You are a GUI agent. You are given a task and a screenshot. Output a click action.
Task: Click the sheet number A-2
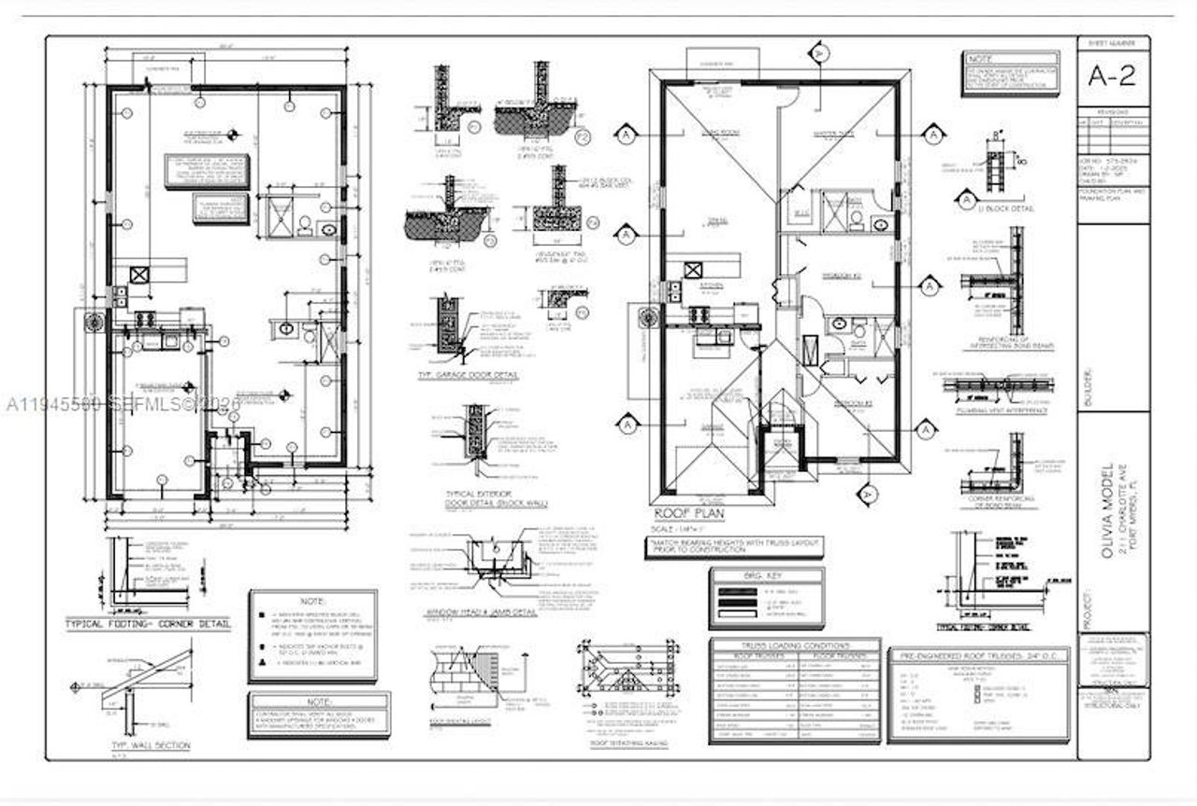coord(1113,76)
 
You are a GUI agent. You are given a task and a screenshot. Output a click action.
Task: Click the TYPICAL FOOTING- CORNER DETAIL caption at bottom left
coord(147,624)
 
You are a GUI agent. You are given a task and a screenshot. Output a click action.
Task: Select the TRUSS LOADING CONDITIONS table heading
coord(795,646)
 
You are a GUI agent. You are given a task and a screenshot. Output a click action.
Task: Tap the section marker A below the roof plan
coord(867,493)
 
